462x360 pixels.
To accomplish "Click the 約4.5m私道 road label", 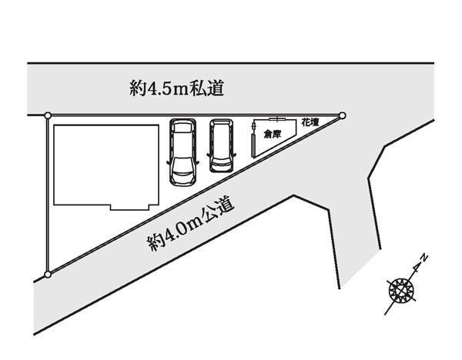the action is point(177,88).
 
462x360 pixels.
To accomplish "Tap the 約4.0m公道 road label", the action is point(191,225).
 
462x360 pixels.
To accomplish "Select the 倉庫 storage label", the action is point(273,135).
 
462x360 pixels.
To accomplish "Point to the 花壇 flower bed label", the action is point(310,123).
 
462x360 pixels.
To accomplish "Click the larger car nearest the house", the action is point(182,152).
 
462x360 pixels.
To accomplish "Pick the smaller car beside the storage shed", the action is point(222,145).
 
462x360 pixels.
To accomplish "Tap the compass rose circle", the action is point(401,291).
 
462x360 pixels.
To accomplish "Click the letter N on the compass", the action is point(423,258).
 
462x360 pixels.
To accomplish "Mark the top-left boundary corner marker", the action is point(48,115).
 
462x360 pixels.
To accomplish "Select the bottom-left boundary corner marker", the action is point(48,275).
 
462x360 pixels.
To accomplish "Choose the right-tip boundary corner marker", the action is point(342,115).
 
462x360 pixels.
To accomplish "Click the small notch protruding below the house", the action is point(129,207).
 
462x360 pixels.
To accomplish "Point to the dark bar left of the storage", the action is point(253,145).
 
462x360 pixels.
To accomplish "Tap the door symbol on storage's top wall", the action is point(277,119).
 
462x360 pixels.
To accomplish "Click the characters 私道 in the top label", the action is point(207,88).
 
